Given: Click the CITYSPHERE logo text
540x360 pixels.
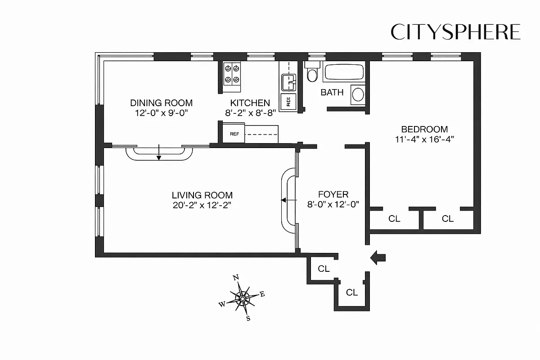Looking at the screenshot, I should (455, 32).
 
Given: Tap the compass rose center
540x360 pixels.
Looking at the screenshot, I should (243, 298).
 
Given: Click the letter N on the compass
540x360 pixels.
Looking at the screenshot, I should (235, 278).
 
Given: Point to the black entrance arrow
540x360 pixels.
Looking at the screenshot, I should (378, 257).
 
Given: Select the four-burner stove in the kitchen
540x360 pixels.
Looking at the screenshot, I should (232, 74).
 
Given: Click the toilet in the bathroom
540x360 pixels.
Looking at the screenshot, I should (311, 74).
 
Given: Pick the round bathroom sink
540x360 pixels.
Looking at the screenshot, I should (358, 94).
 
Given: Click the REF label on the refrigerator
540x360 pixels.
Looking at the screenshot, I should (234, 134).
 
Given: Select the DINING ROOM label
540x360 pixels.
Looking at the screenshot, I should (161, 103).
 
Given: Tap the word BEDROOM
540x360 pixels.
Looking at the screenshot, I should (424, 129).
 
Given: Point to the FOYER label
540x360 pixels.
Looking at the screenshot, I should (333, 194).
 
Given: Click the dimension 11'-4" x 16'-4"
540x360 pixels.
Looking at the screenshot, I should (424, 139).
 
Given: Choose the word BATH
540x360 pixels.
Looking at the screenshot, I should (332, 92).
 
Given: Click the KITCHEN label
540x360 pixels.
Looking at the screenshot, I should (250, 103).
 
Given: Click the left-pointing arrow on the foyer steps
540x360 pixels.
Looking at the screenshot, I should (285, 200).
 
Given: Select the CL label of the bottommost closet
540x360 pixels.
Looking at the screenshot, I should (352, 292).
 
